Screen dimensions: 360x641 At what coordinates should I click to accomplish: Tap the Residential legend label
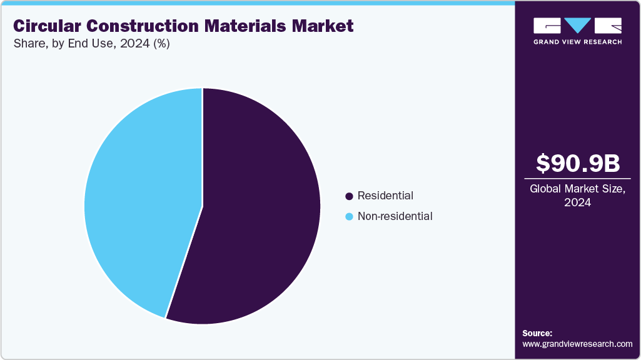click(x=385, y=196)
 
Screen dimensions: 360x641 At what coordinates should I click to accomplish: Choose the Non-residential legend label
click(x=395, y=216)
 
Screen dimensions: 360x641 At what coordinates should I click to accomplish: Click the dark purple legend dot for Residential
click(x=349, y=196)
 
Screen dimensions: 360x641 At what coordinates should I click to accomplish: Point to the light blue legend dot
click(x=349, y=217)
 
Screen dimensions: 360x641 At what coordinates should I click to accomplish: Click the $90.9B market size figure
click(x=578, y=163)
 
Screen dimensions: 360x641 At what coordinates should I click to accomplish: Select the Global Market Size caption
click(x=578, y=189)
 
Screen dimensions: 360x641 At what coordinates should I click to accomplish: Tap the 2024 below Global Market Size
click(x=578, y=202)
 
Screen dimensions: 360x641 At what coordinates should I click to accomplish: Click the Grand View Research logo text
click(x=577, y=42)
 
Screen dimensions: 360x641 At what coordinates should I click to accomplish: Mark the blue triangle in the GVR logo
click(x=578, y=26)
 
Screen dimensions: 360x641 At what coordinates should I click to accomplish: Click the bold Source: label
click(x=537, y=333)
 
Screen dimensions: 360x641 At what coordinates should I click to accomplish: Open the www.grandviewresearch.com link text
click(x=577, y=344)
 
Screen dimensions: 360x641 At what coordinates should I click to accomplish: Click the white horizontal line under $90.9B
click(x=578, y=178)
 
